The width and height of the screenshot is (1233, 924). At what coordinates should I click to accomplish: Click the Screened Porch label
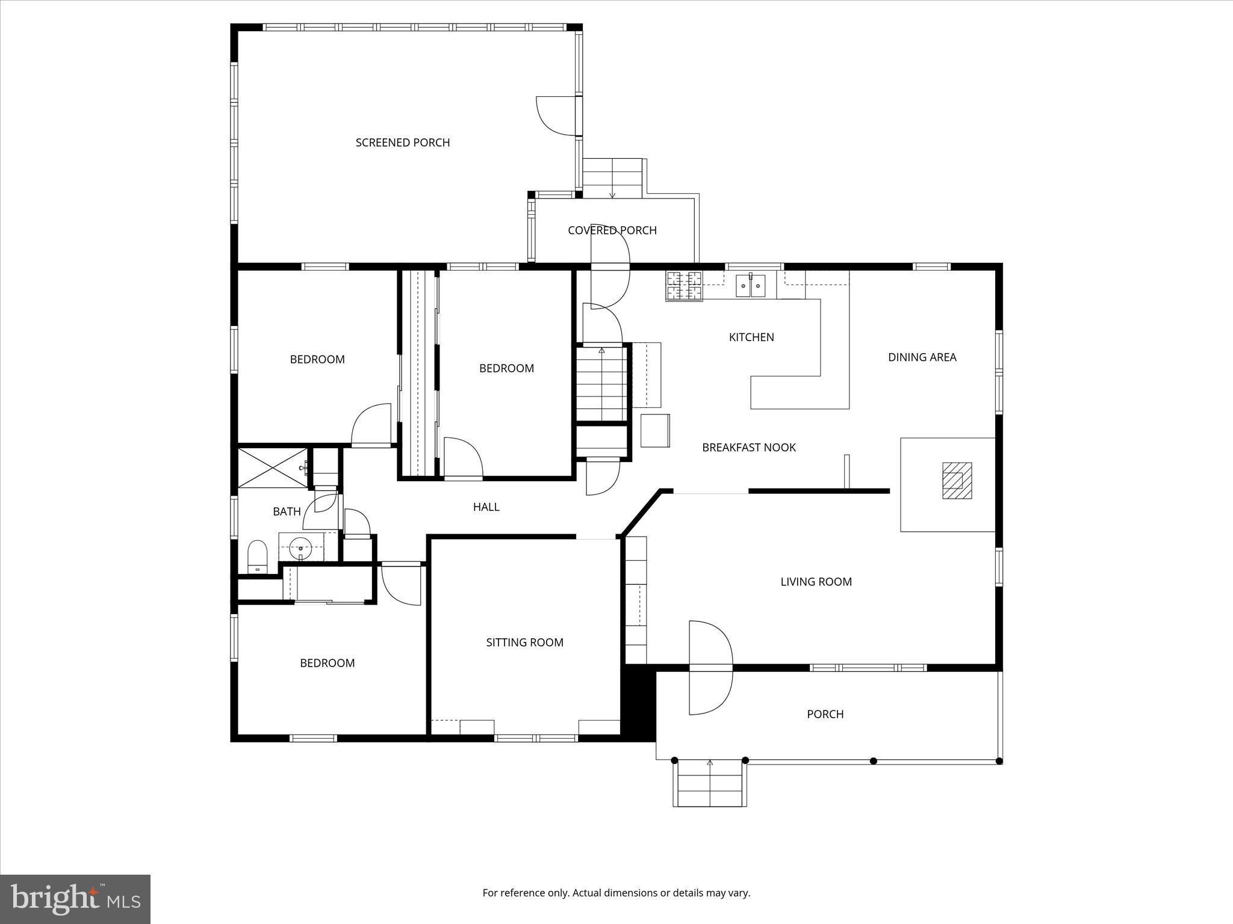pos(402,143)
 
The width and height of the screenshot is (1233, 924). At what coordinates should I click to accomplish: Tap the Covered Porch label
pos(612,230)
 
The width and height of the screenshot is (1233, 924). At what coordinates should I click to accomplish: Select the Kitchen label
pos(751,337)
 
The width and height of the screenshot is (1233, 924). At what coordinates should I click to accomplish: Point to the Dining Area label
pos(922,357)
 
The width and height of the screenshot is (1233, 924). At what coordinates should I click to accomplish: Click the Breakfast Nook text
pos(748,448)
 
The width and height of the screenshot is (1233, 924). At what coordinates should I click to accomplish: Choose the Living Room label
pos(816,582)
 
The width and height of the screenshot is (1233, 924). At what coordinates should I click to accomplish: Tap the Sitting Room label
pos(524,642)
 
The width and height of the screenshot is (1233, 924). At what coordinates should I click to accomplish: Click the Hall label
pos(486,507)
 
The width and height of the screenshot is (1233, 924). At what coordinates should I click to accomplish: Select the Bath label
pos(287,512)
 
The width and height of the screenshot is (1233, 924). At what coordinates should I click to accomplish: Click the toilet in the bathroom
pos(258,556)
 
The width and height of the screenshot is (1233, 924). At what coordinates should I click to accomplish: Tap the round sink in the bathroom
pos(300,548)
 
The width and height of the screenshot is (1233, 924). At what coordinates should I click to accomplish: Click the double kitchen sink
pos(750,286)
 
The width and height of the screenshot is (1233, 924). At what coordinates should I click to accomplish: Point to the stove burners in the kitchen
pos(684,286)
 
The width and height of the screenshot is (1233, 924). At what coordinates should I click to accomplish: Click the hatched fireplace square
pos(957,480)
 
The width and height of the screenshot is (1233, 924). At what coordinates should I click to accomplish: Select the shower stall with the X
pos(272,467)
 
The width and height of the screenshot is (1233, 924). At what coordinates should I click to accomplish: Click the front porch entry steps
pos(710,783)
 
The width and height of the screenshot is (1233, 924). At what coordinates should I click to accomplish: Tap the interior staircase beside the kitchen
pos(601,383)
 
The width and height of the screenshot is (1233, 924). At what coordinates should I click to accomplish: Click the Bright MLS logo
pos(75,899)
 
